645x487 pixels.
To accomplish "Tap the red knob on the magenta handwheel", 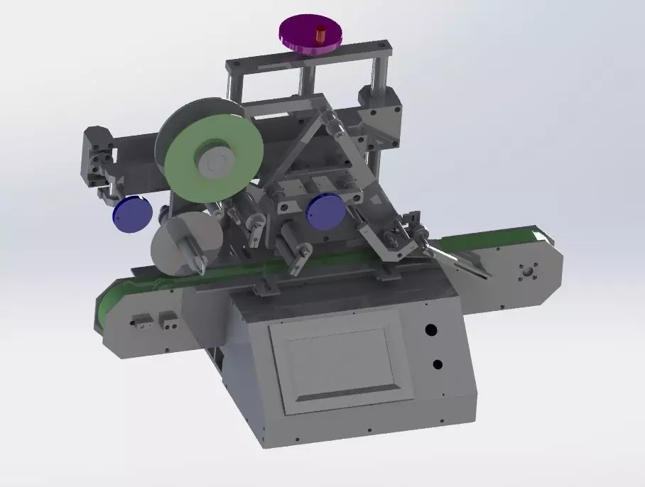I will point(320,34).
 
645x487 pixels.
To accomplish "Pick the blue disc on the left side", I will point(132,214).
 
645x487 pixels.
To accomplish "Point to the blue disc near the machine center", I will point(325,212).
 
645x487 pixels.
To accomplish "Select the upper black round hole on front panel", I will point(430,330).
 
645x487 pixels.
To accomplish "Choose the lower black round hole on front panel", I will point(438,364).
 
